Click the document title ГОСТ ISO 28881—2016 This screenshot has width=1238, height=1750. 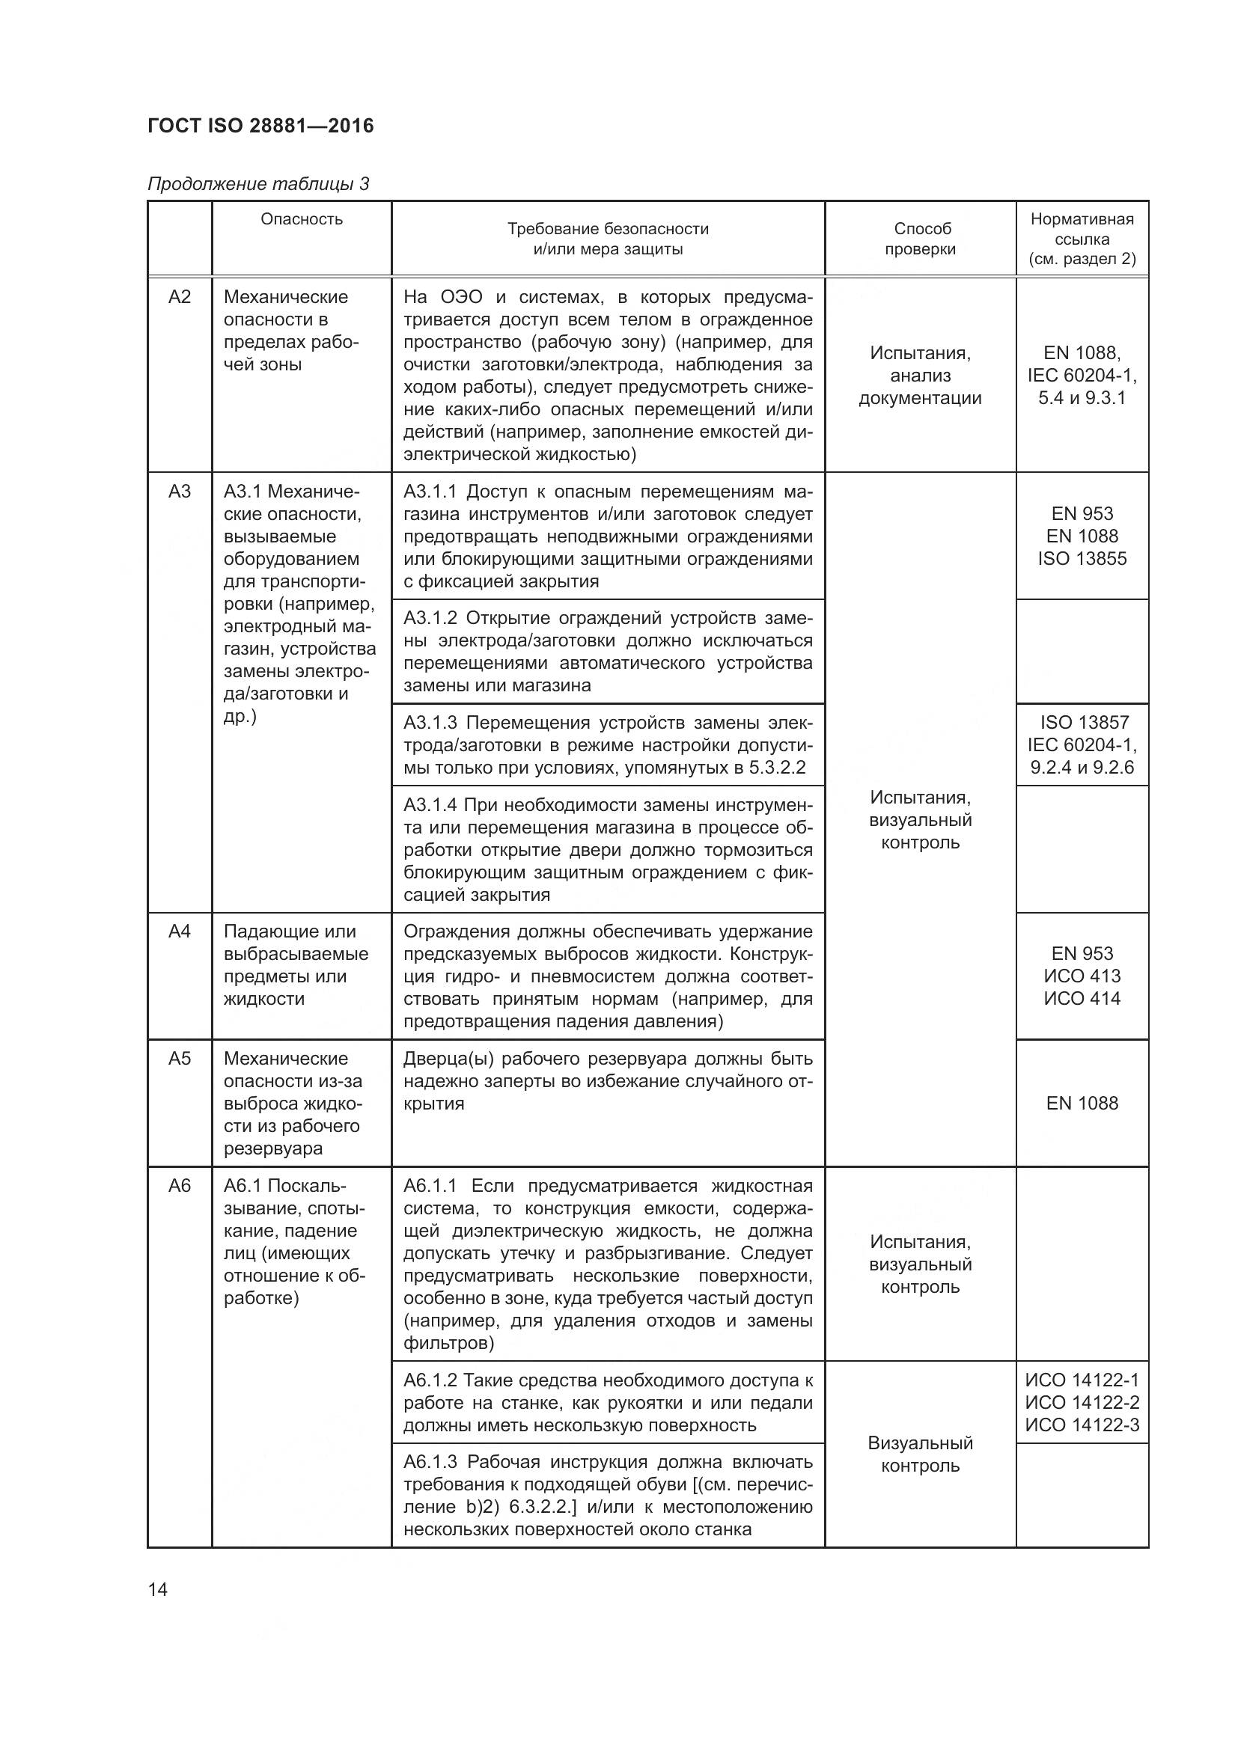[260, 126]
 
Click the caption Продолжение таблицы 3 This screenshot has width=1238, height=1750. [257, 184]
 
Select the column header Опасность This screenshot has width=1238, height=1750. [301, 219]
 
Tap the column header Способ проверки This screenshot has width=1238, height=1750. [920, 239]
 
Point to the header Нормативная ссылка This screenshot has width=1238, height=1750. [1081, 229]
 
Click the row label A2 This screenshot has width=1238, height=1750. [179, 297]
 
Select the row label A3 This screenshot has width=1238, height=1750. [179, 492]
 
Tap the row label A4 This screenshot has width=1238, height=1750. [179, 931]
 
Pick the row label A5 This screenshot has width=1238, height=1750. [179, 1059]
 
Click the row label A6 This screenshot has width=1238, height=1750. [179, 1186]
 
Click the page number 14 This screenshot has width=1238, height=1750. [158, 1590]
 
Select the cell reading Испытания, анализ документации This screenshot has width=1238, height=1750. [920, 375]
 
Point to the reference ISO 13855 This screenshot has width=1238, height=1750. [1081, 559]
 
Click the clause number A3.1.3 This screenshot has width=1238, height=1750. [430, 723]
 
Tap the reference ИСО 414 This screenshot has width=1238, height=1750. [1081, 999]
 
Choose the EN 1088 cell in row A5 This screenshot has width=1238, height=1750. [1081, 1103]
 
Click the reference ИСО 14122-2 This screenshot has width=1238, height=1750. [1081, 1402]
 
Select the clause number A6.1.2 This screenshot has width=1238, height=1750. [430, 1380]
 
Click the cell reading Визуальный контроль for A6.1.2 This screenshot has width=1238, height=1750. [920, 1454]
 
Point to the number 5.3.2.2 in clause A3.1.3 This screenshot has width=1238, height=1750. [777, 768]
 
